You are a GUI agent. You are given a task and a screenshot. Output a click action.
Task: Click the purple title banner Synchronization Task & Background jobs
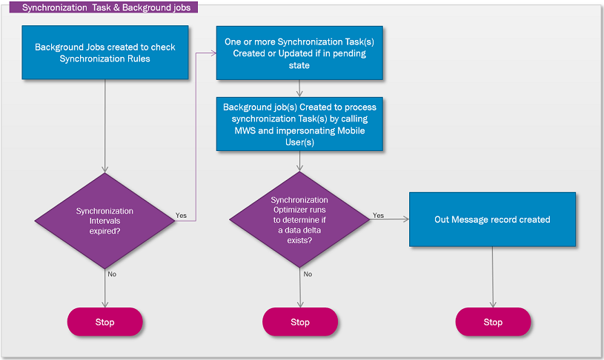106,8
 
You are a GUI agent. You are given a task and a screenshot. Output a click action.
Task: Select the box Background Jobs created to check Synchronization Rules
105,53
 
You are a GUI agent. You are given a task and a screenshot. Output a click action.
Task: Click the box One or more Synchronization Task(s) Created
299,53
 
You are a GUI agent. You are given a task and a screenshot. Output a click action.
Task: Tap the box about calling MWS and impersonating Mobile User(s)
299,124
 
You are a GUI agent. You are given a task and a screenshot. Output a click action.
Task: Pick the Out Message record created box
492,219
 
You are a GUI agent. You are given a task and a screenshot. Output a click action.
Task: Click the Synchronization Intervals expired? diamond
105,221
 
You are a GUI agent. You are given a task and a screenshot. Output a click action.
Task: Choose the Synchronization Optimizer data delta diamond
299,220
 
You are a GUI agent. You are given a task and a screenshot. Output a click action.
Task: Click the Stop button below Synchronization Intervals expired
104,322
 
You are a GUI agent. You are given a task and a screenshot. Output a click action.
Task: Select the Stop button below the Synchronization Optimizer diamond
299,322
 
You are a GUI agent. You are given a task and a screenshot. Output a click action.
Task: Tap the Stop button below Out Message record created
493,322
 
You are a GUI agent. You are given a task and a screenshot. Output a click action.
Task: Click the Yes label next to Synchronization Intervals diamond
181,216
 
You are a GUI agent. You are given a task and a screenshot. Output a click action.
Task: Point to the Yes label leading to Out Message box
378,216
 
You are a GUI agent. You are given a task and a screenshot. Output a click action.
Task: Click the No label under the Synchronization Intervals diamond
112,274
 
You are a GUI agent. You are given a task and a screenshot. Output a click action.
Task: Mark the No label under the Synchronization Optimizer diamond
308,274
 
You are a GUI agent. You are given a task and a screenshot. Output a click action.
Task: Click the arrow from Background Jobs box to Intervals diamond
105,126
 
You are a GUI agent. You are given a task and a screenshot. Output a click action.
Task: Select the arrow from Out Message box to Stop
493,277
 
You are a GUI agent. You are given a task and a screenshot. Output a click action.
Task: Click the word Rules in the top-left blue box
138,59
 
